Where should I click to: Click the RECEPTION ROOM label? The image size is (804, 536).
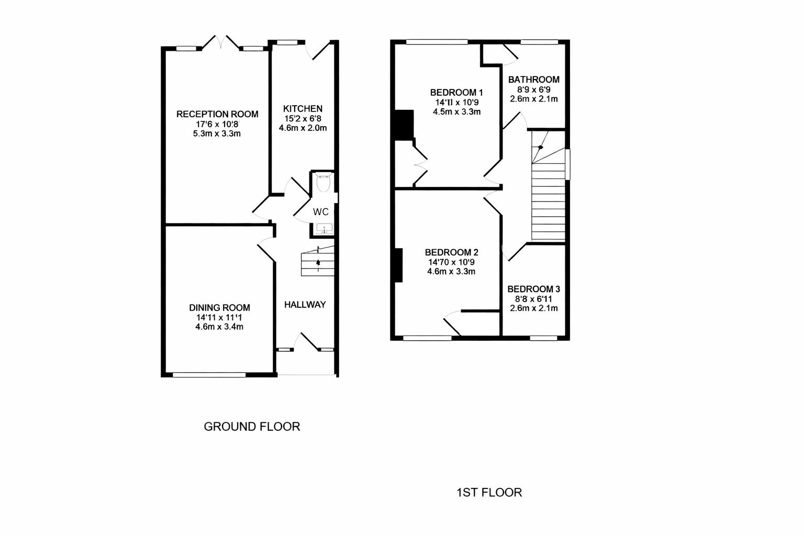pos(217,114)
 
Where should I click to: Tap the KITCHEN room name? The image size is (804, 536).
pos(303,109)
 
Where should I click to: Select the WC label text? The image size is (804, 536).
pos(321,212)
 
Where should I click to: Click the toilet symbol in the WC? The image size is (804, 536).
pos(323,183)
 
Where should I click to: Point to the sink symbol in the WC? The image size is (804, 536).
pos(324,229)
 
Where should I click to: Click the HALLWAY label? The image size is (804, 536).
pos(305,305)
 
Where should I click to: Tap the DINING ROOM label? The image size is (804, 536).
pos(219,308)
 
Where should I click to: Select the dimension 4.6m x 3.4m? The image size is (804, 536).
pos(219,327)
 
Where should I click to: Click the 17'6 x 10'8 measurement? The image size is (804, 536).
pos(217,124)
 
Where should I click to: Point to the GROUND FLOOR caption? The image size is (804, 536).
pos(252,427)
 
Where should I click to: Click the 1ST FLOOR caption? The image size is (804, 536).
pos(489,493)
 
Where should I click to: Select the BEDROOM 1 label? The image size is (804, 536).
pos(456,92)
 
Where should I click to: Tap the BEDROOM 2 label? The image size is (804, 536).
pos(451,252)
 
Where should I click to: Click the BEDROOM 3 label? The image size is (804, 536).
pos(533,289)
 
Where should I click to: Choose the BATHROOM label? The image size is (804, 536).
pos(533,80)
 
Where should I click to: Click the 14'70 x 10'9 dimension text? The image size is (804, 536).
pos(451,262)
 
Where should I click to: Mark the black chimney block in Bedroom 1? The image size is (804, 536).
pos(404,125)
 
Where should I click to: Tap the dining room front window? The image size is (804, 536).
pos(209,374)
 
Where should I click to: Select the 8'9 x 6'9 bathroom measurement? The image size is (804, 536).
pos(533,90)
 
